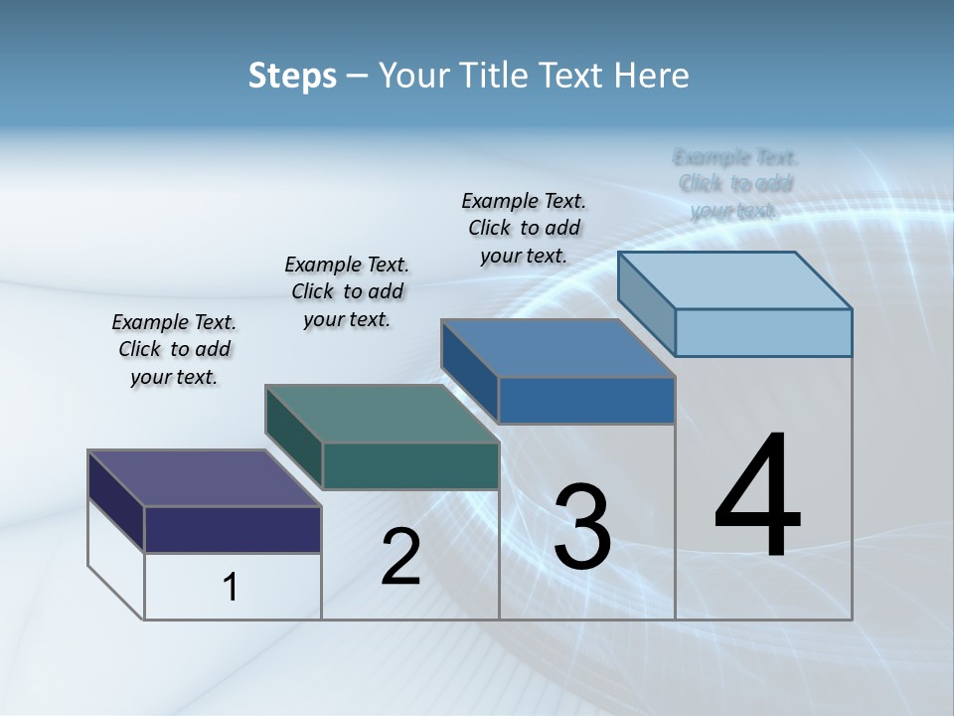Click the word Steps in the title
coord(292,76)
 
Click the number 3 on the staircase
coord(581,527)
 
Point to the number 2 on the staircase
coord(400,557)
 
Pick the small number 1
coord(231,587)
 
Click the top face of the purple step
coord(205,478)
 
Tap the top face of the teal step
coord(382,414)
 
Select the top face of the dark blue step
coord(558,348)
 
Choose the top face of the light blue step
coord(735,280)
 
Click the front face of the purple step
coord(233,529)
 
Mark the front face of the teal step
coord(410,465)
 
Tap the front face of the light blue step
coord(763,332)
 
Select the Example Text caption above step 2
coord(347,291)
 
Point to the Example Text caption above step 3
coord(524,228)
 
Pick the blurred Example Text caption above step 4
coord(734,184)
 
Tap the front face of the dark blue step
coord(586,400)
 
